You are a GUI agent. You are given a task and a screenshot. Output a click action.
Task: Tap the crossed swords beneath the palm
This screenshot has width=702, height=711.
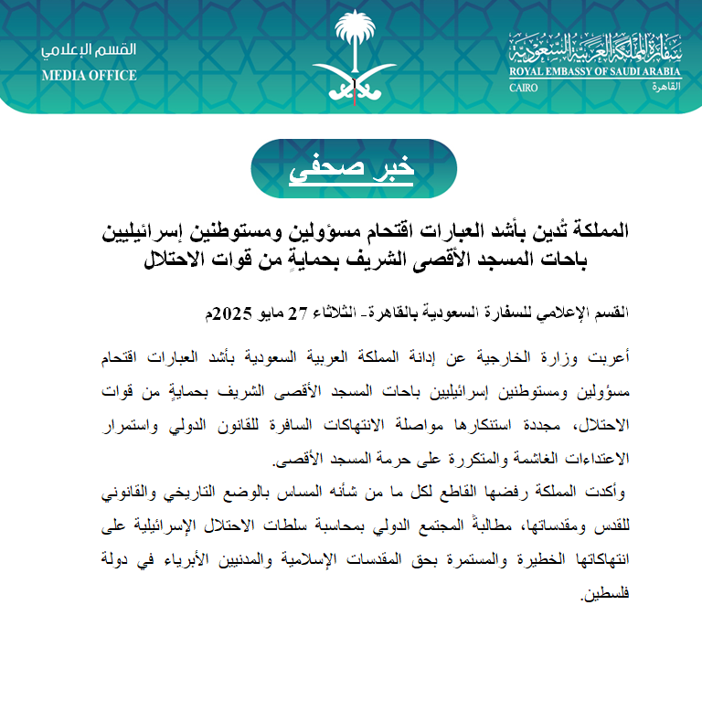pyautogui.click(x=351, y=80)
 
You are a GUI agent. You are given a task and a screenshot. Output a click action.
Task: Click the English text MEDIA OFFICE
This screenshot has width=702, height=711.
pyautogui.click(x=89, y=75)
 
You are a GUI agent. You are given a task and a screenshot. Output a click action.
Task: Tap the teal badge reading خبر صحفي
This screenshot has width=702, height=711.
pyautogui.click(x=351, y=168)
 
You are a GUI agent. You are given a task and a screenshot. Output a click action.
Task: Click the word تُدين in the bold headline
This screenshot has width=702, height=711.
pyautogui.click(x=553, y=229)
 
